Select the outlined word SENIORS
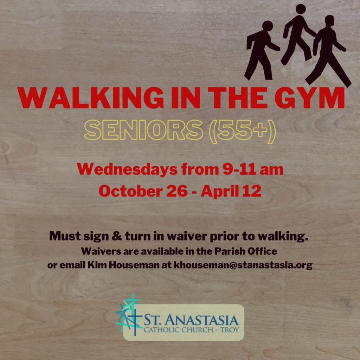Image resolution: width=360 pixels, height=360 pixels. coord(143,130)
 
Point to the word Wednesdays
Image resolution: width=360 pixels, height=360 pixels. coord(127,169)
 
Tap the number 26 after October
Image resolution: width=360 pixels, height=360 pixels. coord(177,191)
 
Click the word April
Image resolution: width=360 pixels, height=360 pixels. coord(220,191)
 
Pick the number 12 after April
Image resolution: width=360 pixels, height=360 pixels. coord(252,191)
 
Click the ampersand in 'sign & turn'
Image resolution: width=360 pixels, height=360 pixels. coord(117,236)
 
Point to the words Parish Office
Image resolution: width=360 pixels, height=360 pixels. coord(246,251)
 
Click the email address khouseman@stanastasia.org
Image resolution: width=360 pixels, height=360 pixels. coord(243,265)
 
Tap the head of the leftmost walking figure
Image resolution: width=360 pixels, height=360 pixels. coord(268,26)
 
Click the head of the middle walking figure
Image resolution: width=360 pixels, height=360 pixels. coord(301,9)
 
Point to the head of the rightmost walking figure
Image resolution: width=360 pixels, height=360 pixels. coord(330,20)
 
